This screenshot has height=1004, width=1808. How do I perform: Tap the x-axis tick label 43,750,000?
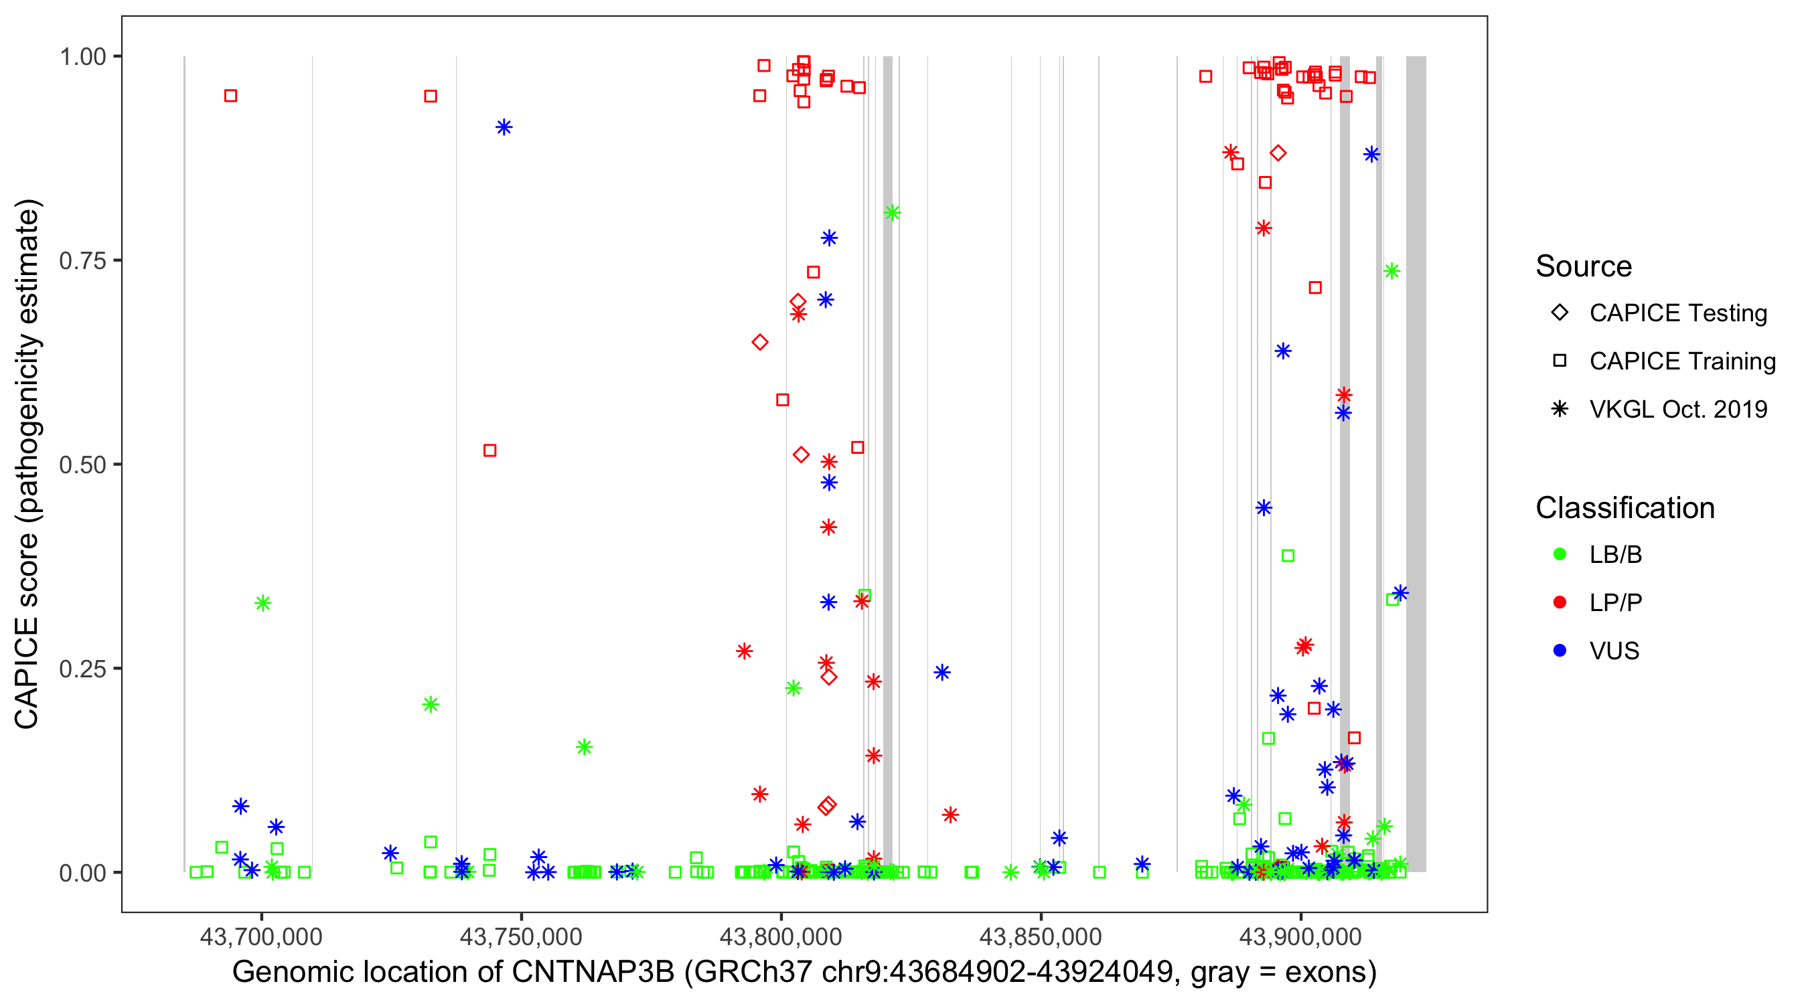coord(521,936)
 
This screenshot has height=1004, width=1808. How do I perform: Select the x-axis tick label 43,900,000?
coord(1300,936)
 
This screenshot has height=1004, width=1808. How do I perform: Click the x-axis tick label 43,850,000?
coord(1040,936)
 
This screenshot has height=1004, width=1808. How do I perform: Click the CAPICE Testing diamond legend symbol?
coord(1560,313)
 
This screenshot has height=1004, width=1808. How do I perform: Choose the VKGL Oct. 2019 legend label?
coord(1677,410)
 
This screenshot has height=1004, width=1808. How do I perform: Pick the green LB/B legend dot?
coord(1560,554)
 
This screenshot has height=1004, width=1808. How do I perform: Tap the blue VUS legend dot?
coord(1560,651)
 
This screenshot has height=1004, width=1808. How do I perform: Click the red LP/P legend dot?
coord(1560,602)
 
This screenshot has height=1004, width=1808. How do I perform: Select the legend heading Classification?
coord(1624,508)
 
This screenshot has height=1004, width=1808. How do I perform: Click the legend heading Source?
coord(1584,266)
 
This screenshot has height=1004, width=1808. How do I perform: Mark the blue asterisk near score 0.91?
coord(504,127)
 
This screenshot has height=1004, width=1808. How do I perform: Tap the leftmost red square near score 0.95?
coord(230,96)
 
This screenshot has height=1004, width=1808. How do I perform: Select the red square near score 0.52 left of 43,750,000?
coord(490,450)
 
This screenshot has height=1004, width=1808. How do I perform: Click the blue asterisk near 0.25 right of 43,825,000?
coord(942,672)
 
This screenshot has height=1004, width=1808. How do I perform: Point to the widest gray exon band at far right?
coord(1416,463)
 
